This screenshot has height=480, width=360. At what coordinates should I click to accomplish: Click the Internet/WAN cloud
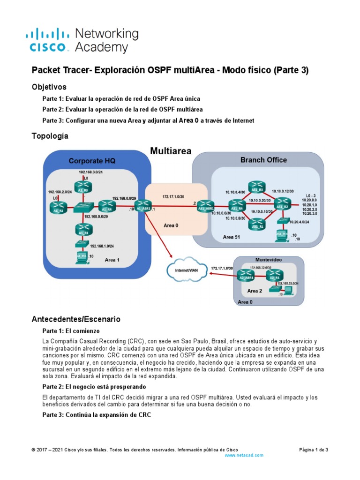coord(184,270)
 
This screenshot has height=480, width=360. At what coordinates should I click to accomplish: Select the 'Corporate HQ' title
coord(92,161)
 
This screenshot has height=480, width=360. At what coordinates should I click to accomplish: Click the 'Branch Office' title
coord(263,160)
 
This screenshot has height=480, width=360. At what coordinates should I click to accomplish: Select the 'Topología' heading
coord(50,136)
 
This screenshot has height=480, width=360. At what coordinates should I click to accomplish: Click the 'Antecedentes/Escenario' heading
coord(76,319)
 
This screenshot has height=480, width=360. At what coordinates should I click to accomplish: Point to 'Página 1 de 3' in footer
coord(314,450)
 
